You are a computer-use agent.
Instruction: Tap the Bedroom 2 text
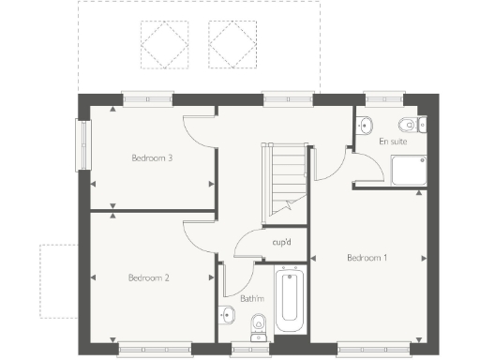pos(148,277)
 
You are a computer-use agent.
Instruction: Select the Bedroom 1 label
pos(367,258)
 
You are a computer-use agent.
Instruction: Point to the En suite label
pos(393,142)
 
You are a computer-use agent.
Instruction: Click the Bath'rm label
pos(252,299)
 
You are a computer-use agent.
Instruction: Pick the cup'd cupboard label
pos(280,242)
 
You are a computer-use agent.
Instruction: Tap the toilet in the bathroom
pos(260,324)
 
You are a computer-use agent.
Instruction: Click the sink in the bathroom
pos(227,314)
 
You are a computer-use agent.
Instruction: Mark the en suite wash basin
pos(367,124)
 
